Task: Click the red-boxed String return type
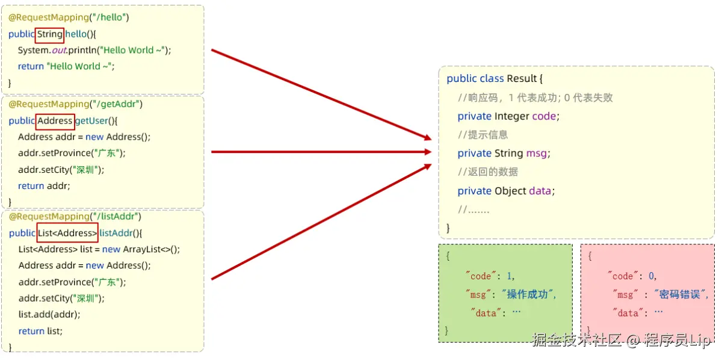pos(49,34)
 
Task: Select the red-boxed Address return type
pos(55,121)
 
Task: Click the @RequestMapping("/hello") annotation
pos(69,17)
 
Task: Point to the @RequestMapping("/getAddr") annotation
pos(75,104)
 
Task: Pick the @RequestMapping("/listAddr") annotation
pos(75,216)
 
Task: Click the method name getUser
pos(91,121)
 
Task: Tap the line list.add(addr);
pos(49,314)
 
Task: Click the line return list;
pos(40,331)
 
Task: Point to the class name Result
pos(521,79)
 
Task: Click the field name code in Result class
pos(545,116)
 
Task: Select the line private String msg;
pos(504,154)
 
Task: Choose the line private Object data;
pos(506,191)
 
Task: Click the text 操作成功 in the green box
pos(527,294)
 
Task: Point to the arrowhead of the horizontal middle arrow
pos(427,152)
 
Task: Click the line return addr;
pos(44,186)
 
